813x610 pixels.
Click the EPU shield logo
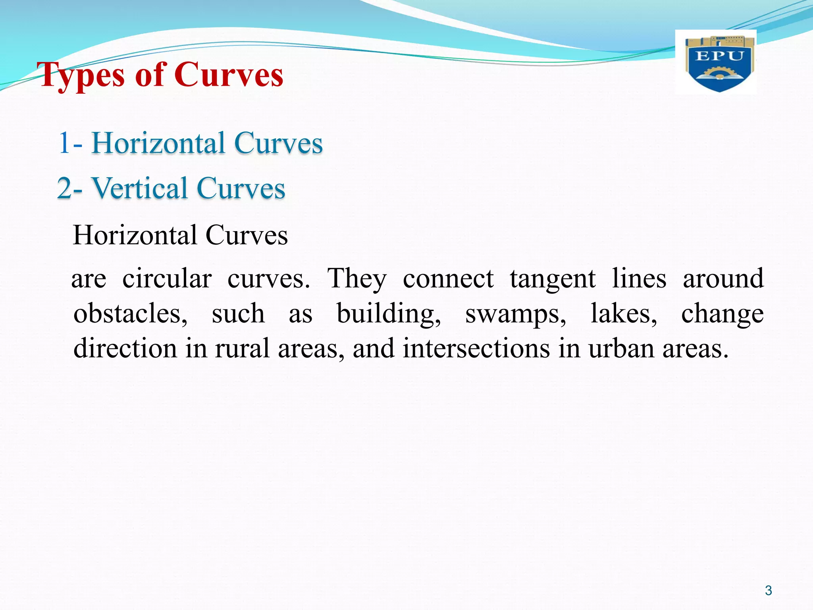[x=719, y=64]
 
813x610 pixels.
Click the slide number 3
[x=768, y=591]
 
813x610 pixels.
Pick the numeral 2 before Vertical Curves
[x=64, y=188]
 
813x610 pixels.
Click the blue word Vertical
[x=139, y=188]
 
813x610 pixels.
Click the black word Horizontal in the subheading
[x=135, y=235]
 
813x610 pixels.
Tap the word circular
[x=167, y=278]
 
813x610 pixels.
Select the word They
[x=356, y=279]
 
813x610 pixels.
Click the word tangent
[x=553, y=279]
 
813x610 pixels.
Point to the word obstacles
[x=130, y=314]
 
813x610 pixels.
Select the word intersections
[x=476, y=348]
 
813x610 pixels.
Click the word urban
[x=621, y=348]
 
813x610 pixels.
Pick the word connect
[x=448, y=279]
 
